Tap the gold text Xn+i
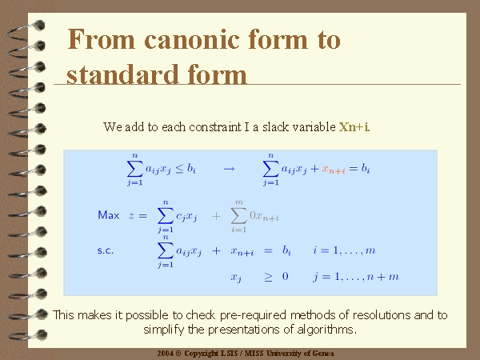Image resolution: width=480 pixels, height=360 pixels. tap(354, 126)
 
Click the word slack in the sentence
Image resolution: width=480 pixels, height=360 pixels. tap(276, 126)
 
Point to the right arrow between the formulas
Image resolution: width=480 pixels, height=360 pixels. tap(229, 169)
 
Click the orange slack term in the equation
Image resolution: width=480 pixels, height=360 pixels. tap(334, 170)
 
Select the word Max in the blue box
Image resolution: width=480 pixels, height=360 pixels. tap(108, 215)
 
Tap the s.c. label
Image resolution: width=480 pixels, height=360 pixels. tap(106, 250)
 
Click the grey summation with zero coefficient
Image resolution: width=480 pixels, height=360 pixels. tap(254, 216)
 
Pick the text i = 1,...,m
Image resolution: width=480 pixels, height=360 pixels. tap(344, 250)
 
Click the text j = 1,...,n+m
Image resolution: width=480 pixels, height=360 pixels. tap(356, 277)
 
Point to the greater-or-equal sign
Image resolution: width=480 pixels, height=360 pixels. tap(268, 277)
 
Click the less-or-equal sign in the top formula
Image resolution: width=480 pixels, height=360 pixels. tap(179, 169)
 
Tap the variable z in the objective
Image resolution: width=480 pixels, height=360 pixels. tap(131, 216)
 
